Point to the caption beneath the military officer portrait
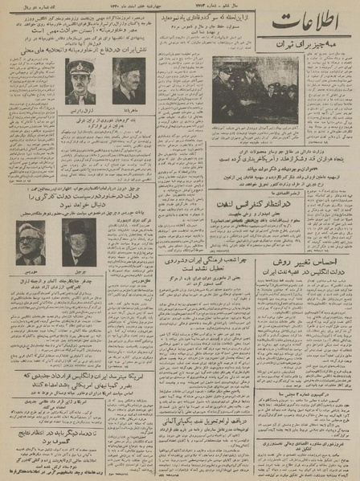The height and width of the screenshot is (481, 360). [x=80, y=110]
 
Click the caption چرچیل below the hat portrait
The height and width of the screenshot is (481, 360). [x=77, y=271]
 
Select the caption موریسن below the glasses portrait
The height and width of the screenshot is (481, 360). [x=31, y=271]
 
